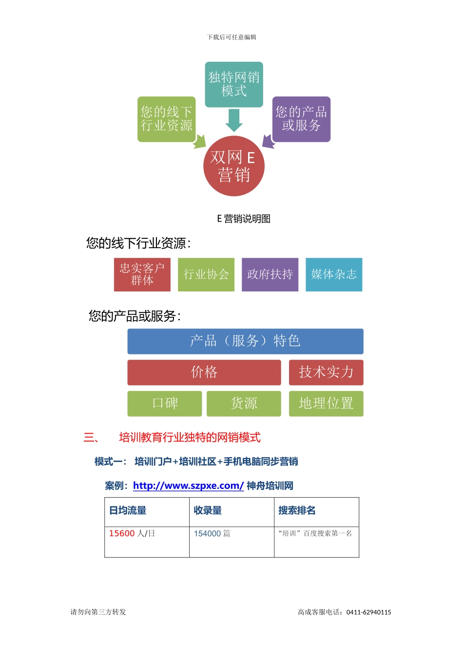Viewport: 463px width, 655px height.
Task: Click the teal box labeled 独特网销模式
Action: coord(234,84)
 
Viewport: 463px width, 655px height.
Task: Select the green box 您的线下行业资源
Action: coord(166,119)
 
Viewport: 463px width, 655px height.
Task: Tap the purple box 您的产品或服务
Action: coord(301,119)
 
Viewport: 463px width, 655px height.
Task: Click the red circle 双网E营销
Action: coord(234,166)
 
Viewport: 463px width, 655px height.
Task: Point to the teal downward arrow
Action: coord(234,120)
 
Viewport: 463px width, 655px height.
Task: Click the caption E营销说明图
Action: coord(244,219)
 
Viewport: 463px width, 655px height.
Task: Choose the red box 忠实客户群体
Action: coord(142,274)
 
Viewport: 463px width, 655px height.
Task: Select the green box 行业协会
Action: coord(206,274)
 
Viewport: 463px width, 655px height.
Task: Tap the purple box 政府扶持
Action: coord(270,274)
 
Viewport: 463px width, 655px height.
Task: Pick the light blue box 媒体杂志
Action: coord(334,274)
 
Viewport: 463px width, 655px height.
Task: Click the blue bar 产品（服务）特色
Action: coord(245,341)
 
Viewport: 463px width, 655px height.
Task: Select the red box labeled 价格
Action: coord(204,372)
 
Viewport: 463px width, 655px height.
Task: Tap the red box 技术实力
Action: coord(326,372)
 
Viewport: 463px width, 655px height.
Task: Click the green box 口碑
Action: coord(165,404)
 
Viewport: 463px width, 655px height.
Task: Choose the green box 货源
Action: coord(244,404)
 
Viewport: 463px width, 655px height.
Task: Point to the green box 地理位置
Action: coord(326,404)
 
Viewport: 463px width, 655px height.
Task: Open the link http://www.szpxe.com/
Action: coord(188,486)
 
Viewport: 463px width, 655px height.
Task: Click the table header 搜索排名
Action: coord(297,510)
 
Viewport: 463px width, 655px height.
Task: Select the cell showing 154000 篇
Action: coord(212,534)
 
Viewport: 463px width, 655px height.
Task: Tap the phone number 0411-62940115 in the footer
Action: coord(368,612)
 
